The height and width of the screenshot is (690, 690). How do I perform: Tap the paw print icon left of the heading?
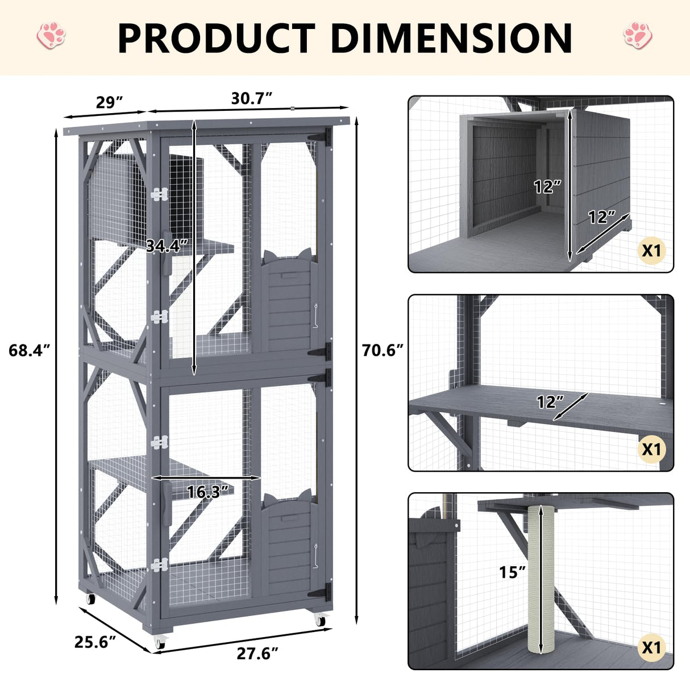coord(51,35)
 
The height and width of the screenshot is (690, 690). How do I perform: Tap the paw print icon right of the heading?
coord(637,35)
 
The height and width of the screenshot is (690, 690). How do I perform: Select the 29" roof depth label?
coord(110,102)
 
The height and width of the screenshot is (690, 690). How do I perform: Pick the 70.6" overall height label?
coord(383,350)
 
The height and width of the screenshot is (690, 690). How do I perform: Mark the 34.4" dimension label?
coord(166,246)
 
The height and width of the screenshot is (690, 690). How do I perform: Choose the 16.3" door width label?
coord(207,492)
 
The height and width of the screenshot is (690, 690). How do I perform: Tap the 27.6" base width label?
coord(257,654)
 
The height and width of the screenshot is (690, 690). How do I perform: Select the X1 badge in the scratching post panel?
coord(652,647)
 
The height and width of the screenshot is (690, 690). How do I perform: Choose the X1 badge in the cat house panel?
coord(652,250)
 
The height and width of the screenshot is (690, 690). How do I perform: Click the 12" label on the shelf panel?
coord(550,402)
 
